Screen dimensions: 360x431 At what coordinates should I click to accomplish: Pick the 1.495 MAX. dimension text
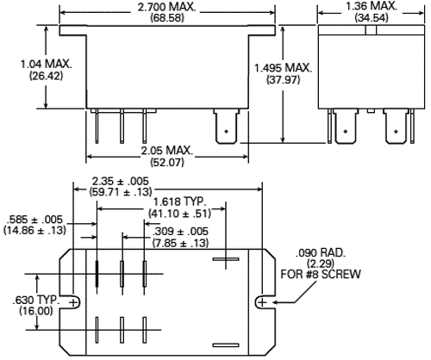(x=284, y=68)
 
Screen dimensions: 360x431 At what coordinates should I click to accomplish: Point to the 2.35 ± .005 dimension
(x=128, y=182)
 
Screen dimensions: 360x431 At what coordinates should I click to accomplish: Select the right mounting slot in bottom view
(x=264, y=302)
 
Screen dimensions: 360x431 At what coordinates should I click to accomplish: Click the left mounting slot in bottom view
(x=73, y=302)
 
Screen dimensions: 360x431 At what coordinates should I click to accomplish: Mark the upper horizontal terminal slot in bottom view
(x=224, y=258)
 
